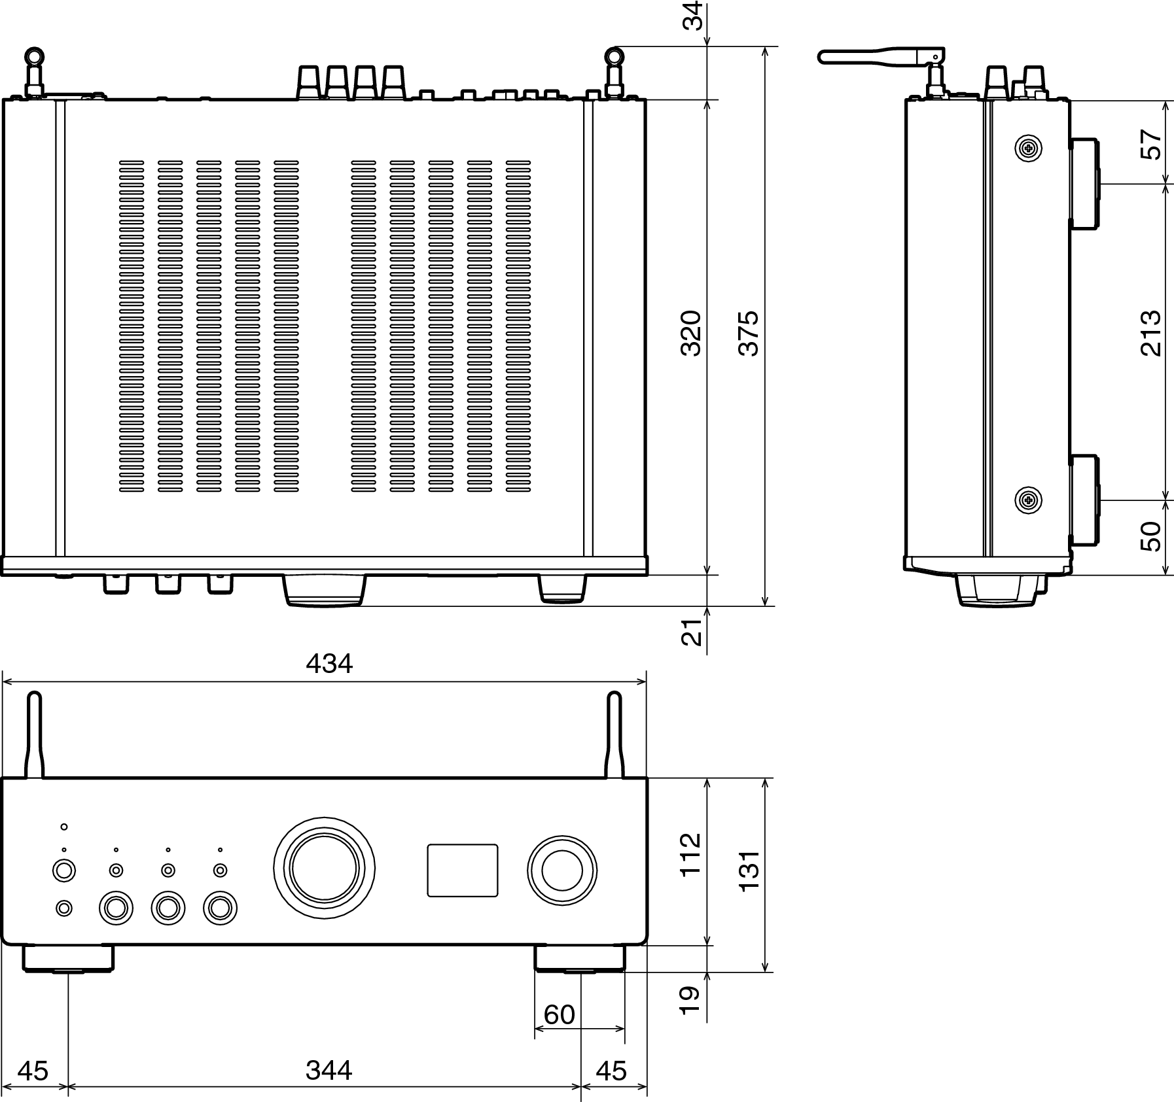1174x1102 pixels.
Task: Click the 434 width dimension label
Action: [x=329, y=664]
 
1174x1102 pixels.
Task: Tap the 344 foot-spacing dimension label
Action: [x=329, y=1071]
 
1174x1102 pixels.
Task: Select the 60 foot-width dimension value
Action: [x=559, y=1014]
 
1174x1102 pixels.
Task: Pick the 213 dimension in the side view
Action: [x=1150, y=333]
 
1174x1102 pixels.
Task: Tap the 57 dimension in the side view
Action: [x=1150, y=145]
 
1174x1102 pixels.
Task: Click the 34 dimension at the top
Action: [x=692, y=16]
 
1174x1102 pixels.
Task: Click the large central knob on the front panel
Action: [x=325, y=868]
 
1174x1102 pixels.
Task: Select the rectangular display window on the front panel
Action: [x=463, y=870]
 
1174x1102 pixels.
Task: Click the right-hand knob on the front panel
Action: [x=562, y=870]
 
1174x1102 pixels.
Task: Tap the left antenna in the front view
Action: [x=34, y=736]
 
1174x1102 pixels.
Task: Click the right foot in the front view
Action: [x=580, y=958]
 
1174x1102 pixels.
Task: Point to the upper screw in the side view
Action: [x=1028, y=149]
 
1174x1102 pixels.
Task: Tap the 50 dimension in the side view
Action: [x=1150, y=536]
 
